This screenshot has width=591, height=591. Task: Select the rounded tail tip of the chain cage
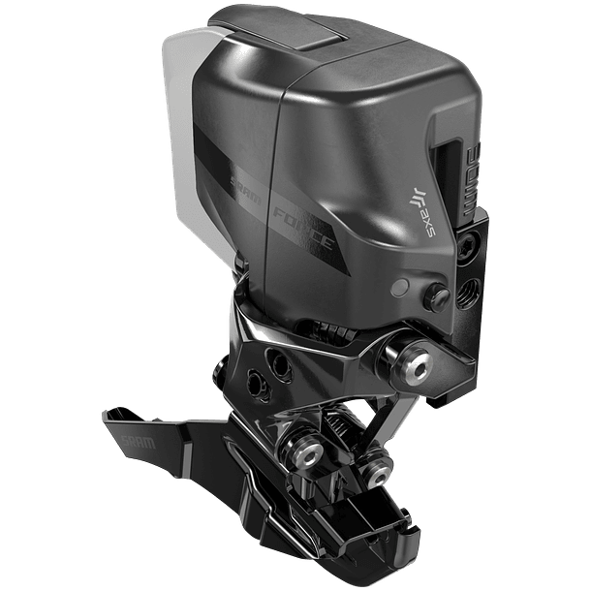[x=373, y=543]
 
